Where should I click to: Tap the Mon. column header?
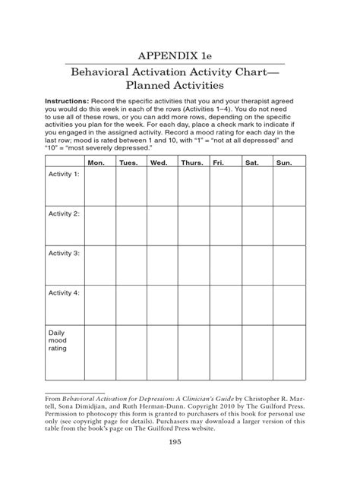pyautogui.click(x=96, y=163)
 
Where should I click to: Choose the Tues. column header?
pyautogui.click(x=128, y=163)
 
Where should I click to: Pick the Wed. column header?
pyautogui.click(x=159, y=163)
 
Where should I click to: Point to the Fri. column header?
pyautogui.click(x=219, y=163)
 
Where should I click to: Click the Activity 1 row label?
pyautogui.click(x=64, y=175)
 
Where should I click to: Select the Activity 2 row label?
pyautogui.click(x=64, y=214)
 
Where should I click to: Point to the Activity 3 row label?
pyautogui.click(x=64, y=253)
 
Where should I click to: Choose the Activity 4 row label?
pyautogui.click(x=64, y=292)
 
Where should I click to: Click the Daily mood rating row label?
pyautogui.click(x=58, y=341)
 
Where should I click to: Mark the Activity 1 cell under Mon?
pyautogui.click(x=99, y=187)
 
